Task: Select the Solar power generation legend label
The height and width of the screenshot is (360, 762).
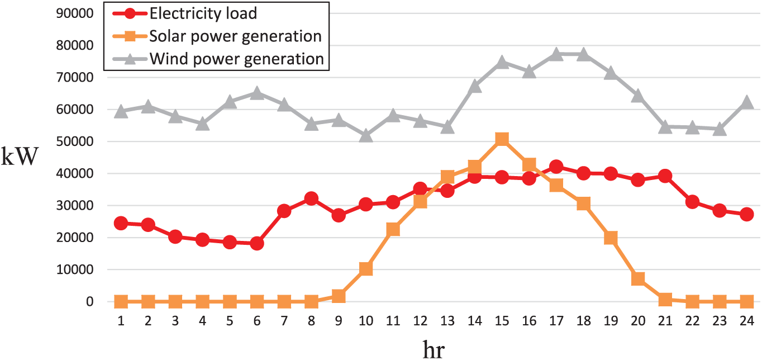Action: [235, 36]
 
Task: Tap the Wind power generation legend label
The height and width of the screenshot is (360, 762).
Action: [237, 59]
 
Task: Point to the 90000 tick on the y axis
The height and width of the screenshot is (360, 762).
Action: [75, 13]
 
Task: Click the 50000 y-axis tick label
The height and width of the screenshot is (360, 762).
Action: [75, 141]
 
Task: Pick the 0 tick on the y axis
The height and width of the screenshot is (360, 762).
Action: [89, 301]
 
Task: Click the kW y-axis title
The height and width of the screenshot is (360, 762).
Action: [20, 157]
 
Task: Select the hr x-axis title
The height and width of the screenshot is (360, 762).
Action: [434, 349]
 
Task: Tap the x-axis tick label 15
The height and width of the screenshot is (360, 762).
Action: [502, 321]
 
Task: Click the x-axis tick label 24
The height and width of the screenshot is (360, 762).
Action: [747, 321]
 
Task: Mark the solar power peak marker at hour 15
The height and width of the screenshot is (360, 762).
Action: [502, 139]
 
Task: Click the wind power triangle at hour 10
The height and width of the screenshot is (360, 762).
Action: [366, 135]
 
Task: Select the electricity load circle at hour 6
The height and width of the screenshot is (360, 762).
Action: [257, 243]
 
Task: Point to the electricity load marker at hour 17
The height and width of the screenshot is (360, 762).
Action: [556, 167]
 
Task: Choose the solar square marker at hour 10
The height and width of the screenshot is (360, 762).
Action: [366, 269]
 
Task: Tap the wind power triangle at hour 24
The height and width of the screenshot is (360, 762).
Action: [747, 102]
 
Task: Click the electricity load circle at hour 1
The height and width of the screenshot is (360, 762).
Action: [121, 223]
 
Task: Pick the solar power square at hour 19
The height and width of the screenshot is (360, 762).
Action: [611, 238]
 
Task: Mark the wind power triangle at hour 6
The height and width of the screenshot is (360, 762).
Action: [257, 93]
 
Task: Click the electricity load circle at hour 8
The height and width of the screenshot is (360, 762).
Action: [311, 198]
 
